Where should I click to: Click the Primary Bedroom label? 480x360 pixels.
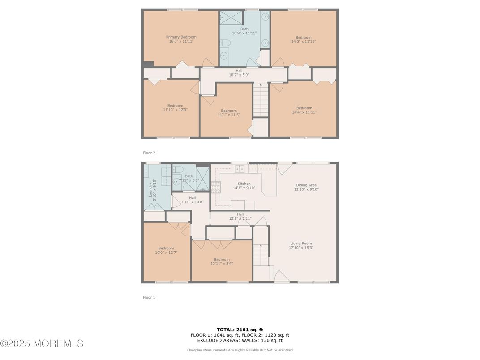181,37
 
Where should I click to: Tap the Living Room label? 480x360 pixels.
301,244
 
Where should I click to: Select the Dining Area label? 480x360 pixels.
306,185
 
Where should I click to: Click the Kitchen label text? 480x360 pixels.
244,184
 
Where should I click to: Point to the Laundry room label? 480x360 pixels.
150,190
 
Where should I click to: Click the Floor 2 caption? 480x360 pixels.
149,153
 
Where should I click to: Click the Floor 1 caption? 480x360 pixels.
149,297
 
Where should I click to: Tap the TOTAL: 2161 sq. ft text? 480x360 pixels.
240,330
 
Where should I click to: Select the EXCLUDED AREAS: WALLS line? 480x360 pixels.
240,340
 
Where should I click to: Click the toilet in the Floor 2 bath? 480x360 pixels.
225,43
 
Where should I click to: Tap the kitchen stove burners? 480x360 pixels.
215,187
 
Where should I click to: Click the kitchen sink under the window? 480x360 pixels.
240,169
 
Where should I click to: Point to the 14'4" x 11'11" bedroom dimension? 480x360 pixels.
304,112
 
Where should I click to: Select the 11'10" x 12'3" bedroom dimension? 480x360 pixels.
175,110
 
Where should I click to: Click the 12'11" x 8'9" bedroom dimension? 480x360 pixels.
222,264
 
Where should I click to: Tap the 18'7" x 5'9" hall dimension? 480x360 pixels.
239,75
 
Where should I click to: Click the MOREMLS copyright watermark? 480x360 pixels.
42,343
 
